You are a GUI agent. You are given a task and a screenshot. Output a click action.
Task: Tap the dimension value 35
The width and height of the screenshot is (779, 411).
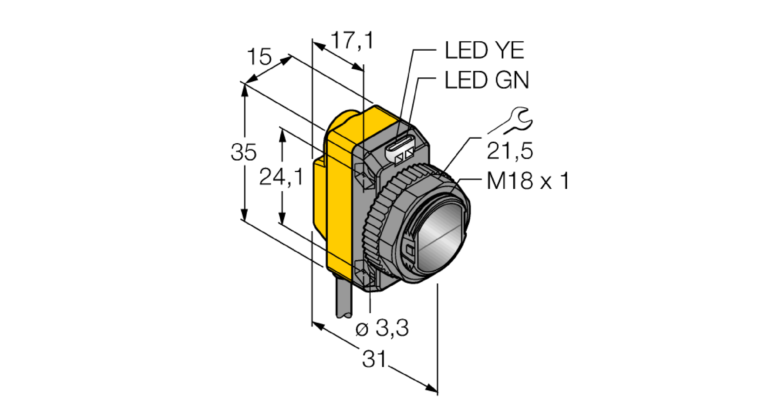pos(243,152)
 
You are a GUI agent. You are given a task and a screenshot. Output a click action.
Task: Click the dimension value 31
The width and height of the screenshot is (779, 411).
pos(374,359)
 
